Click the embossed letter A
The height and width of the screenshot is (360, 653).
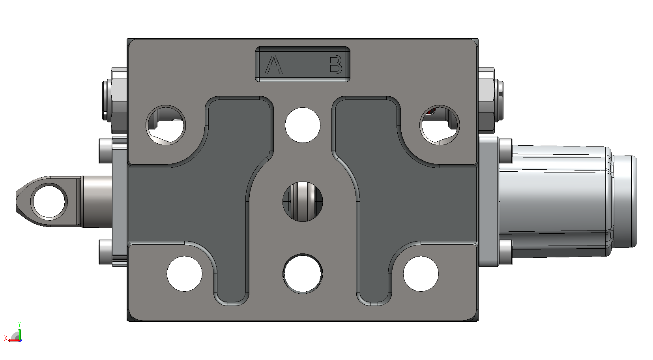274,64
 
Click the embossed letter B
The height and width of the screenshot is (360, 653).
335,64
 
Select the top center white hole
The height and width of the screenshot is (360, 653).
303,125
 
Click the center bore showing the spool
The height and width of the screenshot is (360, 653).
303,202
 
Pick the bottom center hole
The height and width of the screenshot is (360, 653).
303,274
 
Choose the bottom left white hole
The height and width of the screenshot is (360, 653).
184,274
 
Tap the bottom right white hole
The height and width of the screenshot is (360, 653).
421,274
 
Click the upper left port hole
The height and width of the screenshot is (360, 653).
166,125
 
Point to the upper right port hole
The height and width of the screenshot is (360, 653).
440,125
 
